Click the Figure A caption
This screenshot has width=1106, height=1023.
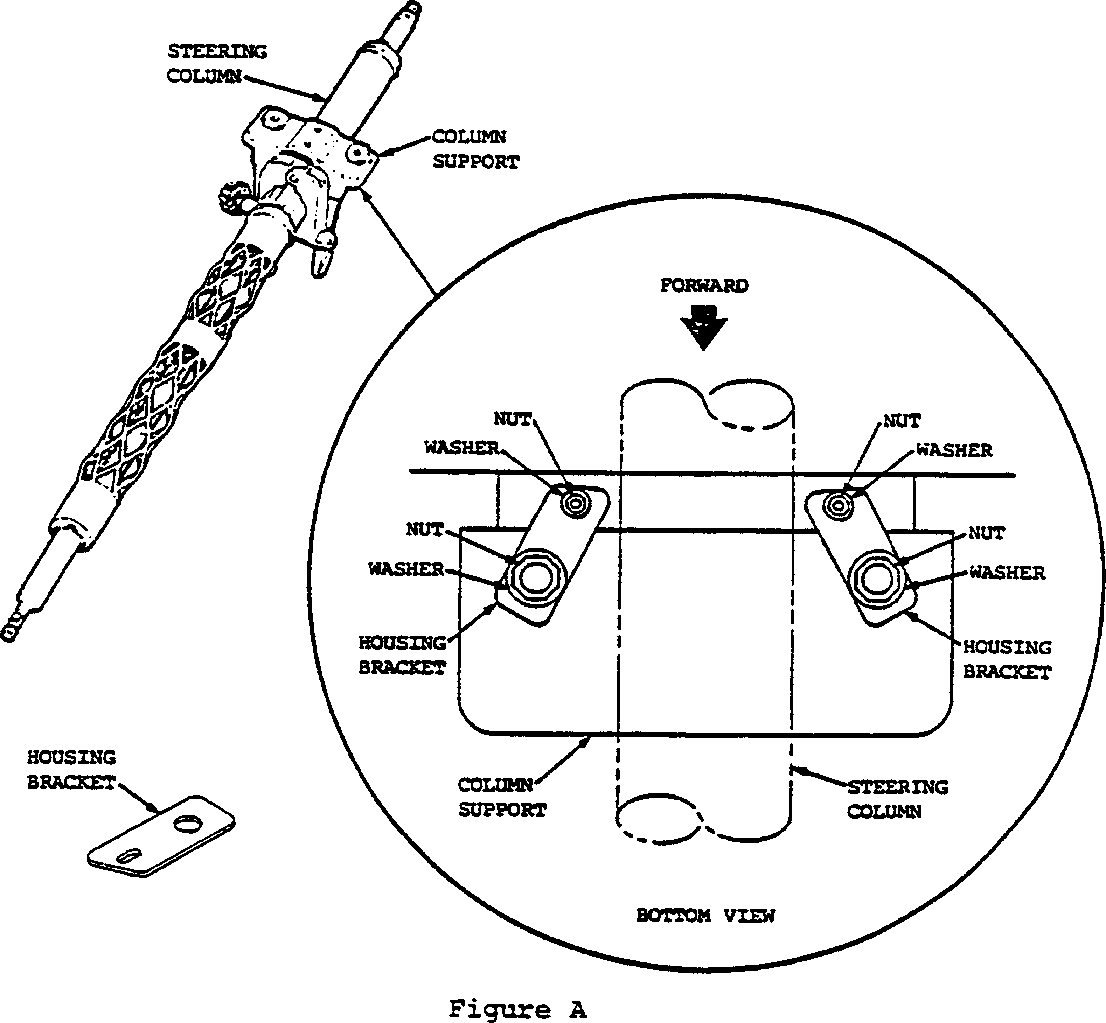517,1009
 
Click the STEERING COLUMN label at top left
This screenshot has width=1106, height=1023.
217,64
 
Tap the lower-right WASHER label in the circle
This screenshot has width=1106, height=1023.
1007,573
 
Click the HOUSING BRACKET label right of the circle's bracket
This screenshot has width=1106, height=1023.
1007,659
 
